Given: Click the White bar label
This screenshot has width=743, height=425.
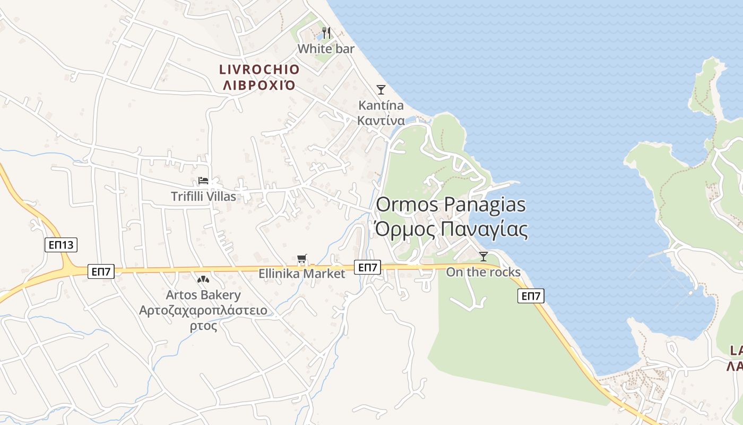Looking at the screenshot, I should [326, 49].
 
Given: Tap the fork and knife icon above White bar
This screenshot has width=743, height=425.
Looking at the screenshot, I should [326, 33].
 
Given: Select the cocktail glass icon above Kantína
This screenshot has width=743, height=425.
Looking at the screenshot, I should [381, 89].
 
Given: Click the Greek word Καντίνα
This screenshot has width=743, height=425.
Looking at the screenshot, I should [381, 121].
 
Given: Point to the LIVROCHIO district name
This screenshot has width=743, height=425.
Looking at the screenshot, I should [260, 70].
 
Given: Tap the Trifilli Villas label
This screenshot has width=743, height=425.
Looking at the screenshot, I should [203, 197].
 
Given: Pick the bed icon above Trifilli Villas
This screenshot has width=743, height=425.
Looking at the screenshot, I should [203, 181].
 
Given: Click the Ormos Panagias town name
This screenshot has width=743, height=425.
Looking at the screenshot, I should [451, 205].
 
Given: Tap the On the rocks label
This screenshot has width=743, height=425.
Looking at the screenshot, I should [483, 273].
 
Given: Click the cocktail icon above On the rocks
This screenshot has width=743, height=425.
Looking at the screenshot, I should [483, 257].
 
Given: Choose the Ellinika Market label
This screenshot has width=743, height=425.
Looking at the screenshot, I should [301, 274].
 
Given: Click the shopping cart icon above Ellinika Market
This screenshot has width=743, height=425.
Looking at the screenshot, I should [302, 259].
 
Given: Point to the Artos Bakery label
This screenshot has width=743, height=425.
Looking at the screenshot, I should [203, 295].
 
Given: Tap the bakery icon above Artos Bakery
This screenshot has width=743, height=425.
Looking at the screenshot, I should [203, 279].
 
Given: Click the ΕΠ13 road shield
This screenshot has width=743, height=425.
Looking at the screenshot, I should [61, 245].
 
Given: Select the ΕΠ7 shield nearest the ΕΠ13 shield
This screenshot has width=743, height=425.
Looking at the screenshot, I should [101, 272].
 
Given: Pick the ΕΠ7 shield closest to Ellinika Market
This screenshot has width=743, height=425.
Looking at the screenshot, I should [367, 267].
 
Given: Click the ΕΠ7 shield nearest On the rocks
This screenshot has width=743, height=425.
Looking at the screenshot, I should [531, 296].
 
